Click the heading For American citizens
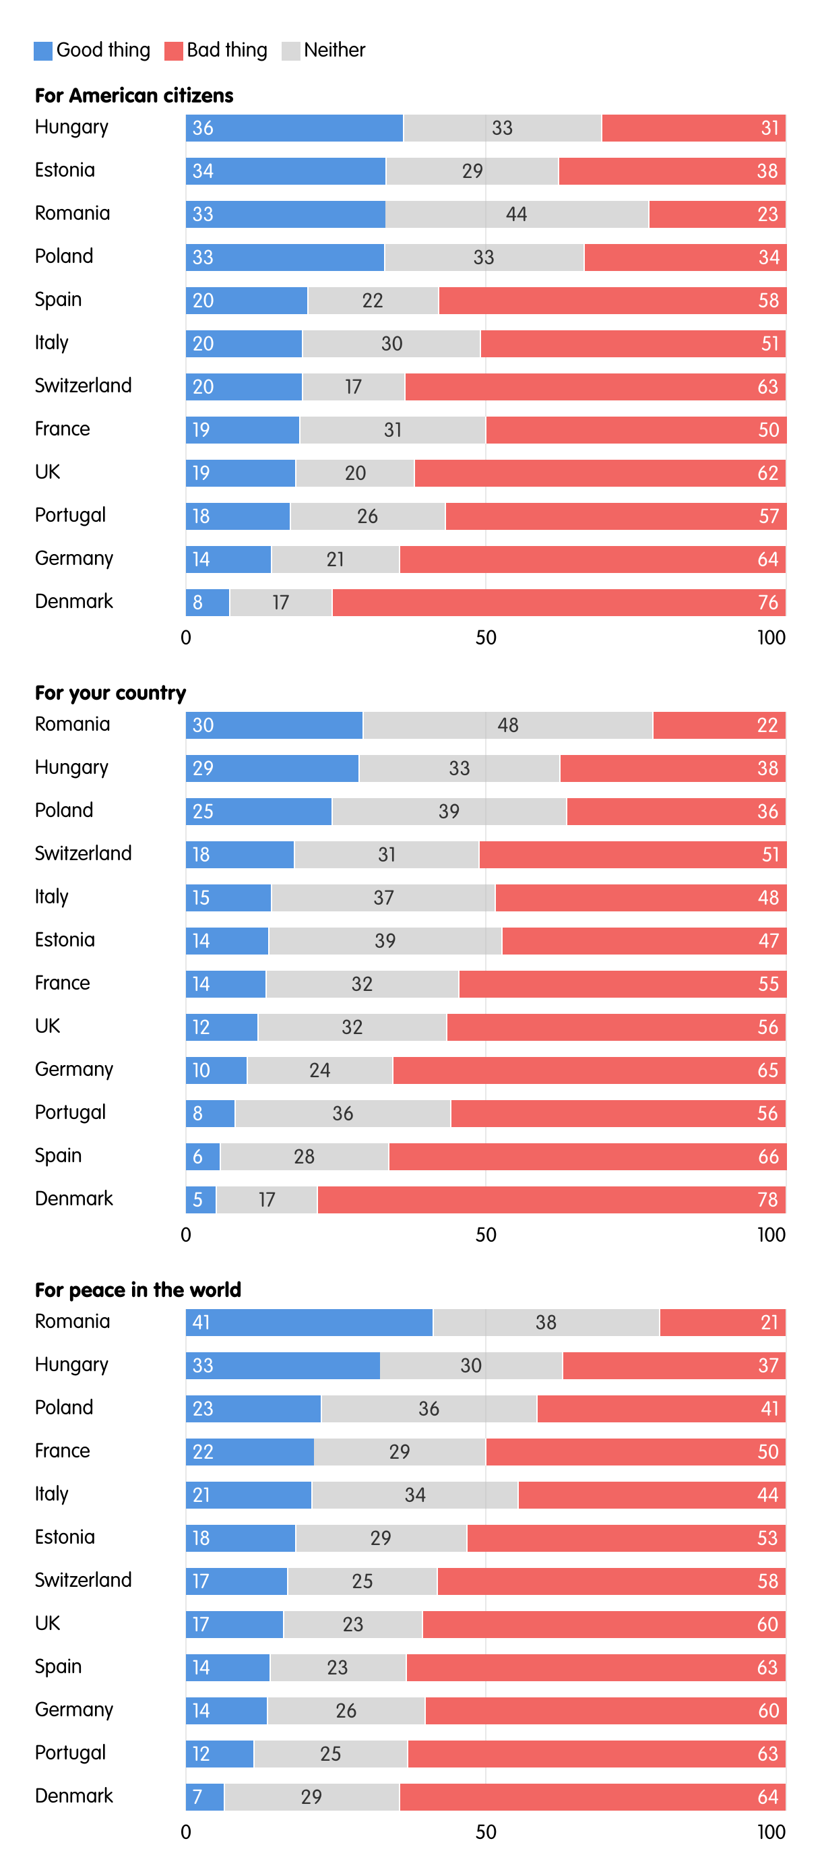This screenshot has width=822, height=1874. click(x=134, y=96)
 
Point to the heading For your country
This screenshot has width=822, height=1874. click(x=110, y=693)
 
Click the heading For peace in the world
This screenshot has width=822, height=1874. click(x=137, y=1290)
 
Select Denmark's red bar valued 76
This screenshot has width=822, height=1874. click(x=558, y=603)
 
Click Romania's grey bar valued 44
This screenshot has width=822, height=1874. click(x=517, y=214)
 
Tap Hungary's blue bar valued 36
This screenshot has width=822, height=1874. click(x=294, y=129)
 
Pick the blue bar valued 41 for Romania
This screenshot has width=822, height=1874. click(x=309, y=1323)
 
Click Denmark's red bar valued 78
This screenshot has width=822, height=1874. click(x=550, y=1201)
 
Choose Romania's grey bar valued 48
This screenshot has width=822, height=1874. click(x=507, y=725)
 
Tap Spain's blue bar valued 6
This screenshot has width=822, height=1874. click(x=203, y=1157)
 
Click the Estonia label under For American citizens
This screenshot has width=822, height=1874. click(x=65, y=171)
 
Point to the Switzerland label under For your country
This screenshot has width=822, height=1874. click(x=83, y=853)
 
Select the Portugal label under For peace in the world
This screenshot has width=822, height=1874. click(x=71, y=1753)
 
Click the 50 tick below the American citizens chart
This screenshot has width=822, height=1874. click(x=485, y=638)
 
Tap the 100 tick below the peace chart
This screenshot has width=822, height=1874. click(x=770, y=1832)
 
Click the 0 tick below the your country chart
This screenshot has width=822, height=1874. click(x=186, y=1235)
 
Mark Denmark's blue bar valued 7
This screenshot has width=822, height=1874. click(x=204, y=1798)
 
